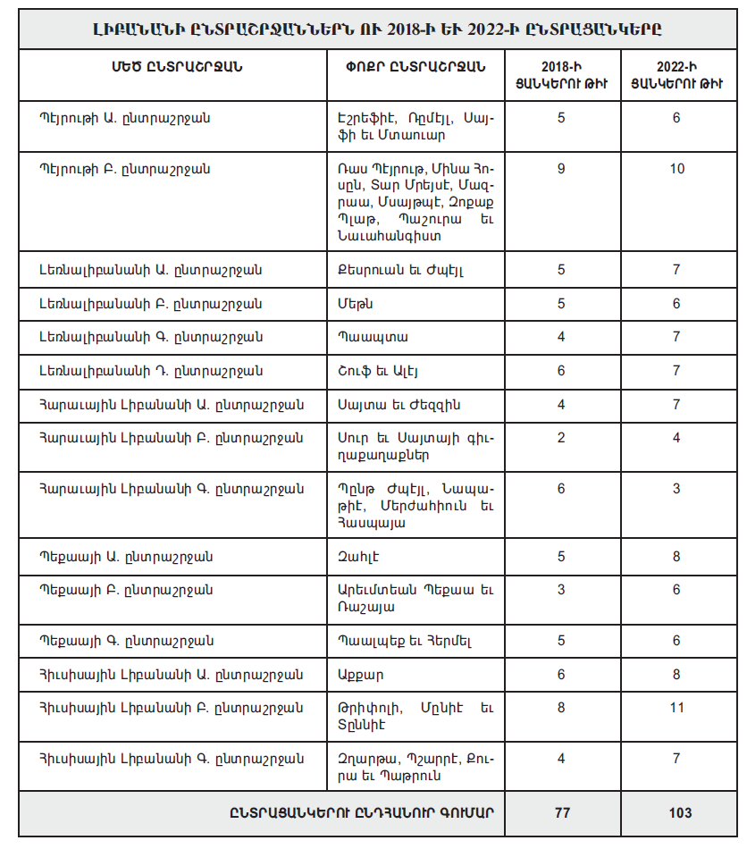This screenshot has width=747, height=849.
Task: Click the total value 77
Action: click(561, 813)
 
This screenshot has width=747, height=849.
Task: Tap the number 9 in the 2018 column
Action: click(561, 168)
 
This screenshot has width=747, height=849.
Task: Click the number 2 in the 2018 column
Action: click(561, 438)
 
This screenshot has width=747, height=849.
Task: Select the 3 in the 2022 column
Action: click(676, 489)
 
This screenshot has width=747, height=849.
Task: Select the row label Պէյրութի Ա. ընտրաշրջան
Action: click(124, 117)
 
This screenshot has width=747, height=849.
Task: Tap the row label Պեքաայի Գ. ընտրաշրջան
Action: click(124, 641)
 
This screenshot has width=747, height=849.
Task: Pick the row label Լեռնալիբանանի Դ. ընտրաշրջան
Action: click(149, 371)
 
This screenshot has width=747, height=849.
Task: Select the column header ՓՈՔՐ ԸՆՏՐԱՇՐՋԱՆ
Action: click(415, 67)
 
